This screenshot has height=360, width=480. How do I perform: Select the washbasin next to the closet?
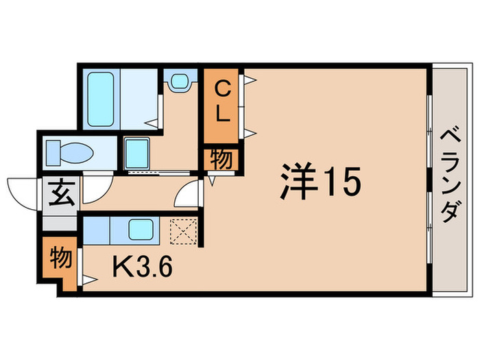point(180,82)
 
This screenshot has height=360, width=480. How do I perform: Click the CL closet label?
point(221,101)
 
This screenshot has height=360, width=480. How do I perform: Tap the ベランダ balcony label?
point(450,176)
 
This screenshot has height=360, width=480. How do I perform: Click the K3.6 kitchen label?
point(142,265)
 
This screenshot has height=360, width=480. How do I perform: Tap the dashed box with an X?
point(183,231)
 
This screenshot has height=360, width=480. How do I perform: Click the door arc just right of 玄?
point(93,190)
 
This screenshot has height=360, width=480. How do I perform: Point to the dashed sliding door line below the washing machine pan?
point(161,173)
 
